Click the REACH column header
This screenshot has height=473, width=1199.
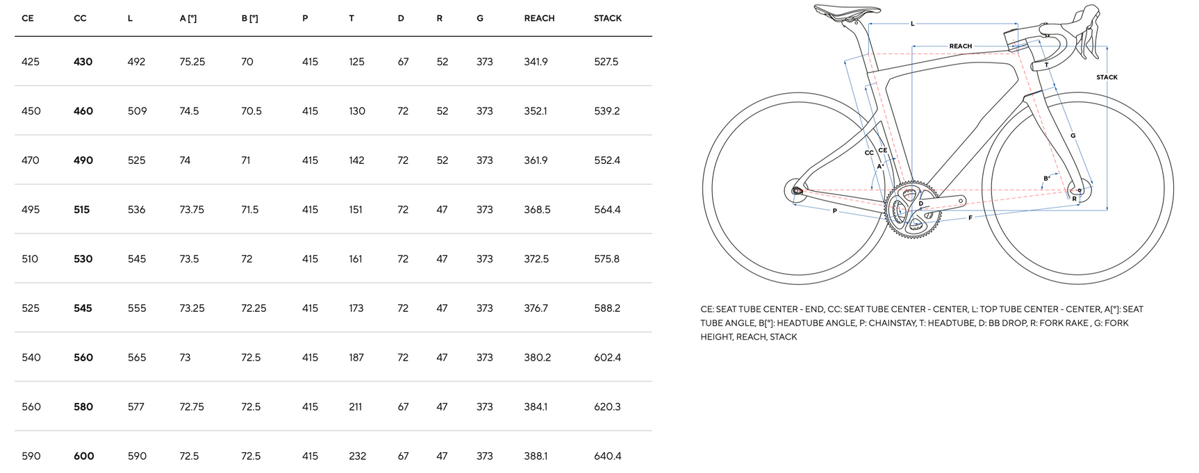click(x=539, y=18)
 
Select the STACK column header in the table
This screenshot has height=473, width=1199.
click(x=607, y=18)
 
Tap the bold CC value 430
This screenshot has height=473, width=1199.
click(x=83, y=62)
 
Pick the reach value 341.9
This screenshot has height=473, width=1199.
click(x=536, y=62)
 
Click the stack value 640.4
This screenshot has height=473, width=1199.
click(x=607, y=456)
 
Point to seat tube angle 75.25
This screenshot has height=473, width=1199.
click(x=192, y=62)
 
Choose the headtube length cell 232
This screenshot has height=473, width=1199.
click(x=357, y=456)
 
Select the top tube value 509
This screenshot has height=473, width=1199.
click(x=137, y=111)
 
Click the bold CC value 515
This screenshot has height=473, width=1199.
click(x=81, y=210)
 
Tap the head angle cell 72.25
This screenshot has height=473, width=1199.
click(x=254, y=308)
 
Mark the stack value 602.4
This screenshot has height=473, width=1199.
click(x=607, y=358)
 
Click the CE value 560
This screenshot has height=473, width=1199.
click(x=31, y=407)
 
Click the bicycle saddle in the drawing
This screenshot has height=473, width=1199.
click(x=846, y=10)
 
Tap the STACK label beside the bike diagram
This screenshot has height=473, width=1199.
click(x=1107, y=77)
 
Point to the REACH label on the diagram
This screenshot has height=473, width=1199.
click(x=960, y=47)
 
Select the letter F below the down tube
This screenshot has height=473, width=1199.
click(x=970, y=218)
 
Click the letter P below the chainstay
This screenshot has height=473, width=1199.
click(x=834, y=211)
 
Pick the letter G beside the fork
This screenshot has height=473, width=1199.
click(x=1073, y=135)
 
